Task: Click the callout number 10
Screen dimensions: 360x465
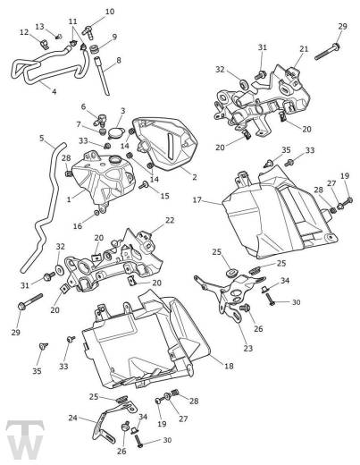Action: click(x=110, y=12)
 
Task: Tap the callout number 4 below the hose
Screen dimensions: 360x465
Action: click(x=54, y=91)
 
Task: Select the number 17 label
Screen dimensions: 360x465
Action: click(x=197, y=199)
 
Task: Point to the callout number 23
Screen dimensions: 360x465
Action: click(x=248, y=348)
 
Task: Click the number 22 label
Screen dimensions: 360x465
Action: click(x=170, y=220)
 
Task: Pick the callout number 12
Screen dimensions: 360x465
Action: click(x=24, y=32)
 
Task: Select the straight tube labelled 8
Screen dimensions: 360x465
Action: click(x=102, y=76)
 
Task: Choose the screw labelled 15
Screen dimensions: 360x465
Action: click(x=144, y=185)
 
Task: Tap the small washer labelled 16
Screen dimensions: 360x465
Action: click(x=96, y=213)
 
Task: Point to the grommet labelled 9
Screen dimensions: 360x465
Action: click(x=95, y=49)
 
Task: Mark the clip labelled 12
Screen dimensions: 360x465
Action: click(x=44, y=44)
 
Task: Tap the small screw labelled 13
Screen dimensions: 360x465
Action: click(x=59, y=37)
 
